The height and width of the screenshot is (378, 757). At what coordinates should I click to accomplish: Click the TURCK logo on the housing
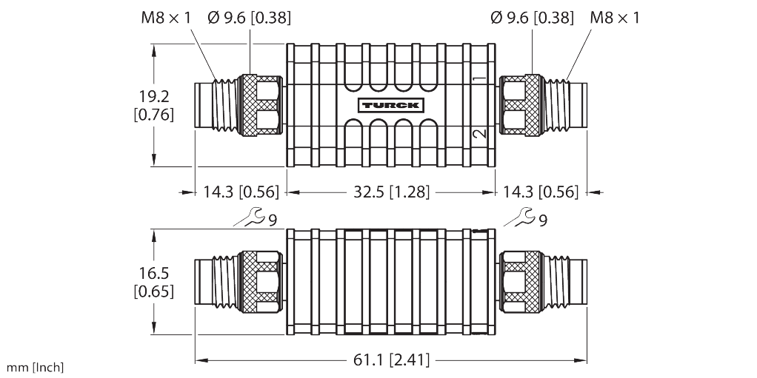(x=390, y=104)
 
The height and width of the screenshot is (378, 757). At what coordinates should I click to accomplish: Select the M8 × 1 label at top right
(x=614, y=17)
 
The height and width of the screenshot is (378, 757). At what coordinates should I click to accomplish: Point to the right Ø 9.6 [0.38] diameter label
(x=532, y=17)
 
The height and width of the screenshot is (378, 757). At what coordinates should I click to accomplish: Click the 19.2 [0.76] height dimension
(x=154, y=104)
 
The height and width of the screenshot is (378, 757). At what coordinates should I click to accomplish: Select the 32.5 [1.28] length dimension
(x=390, y=192)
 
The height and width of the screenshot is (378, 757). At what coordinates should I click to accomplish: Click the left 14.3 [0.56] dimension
(x=241, y=192)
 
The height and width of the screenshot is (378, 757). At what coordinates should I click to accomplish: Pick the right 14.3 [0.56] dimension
(x=540, y=192)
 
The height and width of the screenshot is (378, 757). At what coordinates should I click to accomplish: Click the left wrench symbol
(x=247, y=217)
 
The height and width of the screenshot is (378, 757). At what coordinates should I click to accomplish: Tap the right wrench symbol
(x=520, y=217)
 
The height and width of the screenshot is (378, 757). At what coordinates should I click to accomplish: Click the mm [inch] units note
(x=36, y=368)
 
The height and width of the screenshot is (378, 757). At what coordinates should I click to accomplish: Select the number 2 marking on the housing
(x=479, y=133)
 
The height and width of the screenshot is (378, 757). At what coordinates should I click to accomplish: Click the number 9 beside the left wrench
(x=273, y=220)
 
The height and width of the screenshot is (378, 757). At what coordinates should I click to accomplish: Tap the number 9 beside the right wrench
(x=544, y=220)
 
